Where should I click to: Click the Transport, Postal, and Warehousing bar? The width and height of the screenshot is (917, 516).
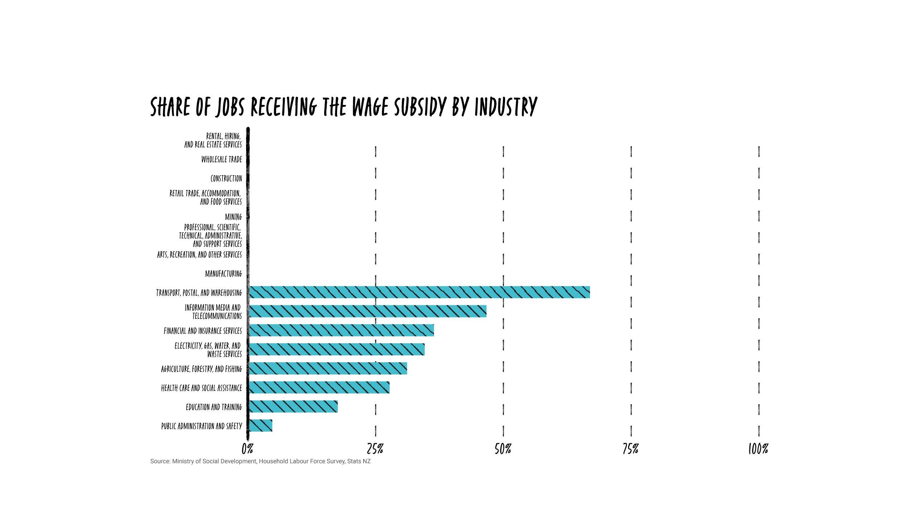click(x=419, y=292)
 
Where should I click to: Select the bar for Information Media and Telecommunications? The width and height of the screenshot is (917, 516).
click(x=368, y=311)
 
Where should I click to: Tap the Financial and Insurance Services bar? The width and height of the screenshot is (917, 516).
click(x=341, y=330)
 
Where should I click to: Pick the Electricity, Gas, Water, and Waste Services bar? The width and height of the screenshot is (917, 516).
click(x=336, y=349)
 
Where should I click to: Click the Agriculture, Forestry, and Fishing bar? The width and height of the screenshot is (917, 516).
click(x=328, y=368)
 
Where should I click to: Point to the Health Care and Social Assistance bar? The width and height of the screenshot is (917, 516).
click(x=319, y=387)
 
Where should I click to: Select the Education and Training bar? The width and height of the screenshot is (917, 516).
click(x=293, y=406)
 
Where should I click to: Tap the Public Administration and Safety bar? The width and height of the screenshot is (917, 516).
click(x=260, y=425)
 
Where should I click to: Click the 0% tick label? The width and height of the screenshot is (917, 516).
click(x=248, y=449)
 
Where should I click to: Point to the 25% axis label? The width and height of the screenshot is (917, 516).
click(x=375, y=449)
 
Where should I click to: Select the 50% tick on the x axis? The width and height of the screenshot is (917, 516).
click(x=503, y=449)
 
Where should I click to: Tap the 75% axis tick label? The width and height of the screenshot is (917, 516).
click(x=630, y=449)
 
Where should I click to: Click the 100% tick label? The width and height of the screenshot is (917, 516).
click(x=758, y=449)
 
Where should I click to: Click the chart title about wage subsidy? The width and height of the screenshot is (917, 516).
click(x=344, y=106)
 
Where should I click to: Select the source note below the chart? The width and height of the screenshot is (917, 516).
click(x=260, y=461)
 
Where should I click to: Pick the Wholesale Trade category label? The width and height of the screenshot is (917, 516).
click(x=221, y=159)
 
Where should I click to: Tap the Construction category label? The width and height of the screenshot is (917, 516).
click(x=226, y=178)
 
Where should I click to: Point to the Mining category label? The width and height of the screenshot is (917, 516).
click(x=233, y=217)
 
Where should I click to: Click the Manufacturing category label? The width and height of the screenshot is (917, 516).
click(x=224, y=274)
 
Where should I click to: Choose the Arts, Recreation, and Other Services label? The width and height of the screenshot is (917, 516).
click(x=200, y=255)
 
